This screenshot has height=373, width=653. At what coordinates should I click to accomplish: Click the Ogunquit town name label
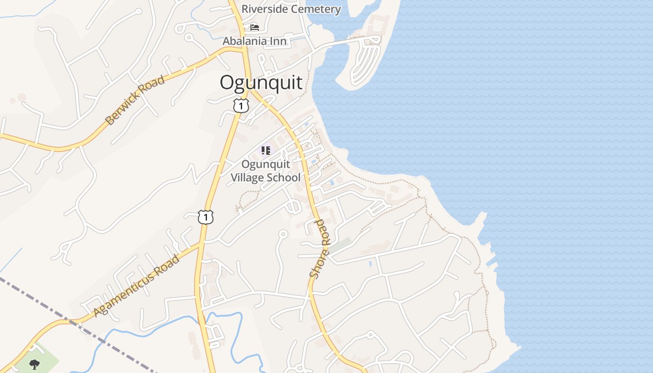pyautogui.click(x=261, y=83)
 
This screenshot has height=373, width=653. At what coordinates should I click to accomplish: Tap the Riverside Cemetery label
pyautogui.click(x=291, y=9)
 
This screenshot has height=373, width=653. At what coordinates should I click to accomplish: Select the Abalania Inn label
pyautogui.click(x=254, y=41)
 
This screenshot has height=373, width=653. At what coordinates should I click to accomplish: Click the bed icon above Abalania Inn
pyautogui.click(x=255, y=28)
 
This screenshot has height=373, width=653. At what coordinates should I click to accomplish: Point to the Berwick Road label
pyautogui.click(x=135, y=100)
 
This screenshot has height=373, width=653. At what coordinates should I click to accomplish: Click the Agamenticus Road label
pyautogui.click(x=137, y=286)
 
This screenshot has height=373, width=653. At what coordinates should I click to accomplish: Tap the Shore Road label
pyautogui.click(x=320, y=249)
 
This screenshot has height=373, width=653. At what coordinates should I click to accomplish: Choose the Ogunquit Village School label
pyautogui.click(x=266, y=171)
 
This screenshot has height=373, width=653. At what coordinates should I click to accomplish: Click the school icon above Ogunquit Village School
pyautogui.click(x=265, y=150)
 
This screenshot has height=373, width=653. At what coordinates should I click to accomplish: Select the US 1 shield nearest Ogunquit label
pyautogui.click(x=241, y=106)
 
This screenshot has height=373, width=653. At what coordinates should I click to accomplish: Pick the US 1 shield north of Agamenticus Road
pyautogui.click(x=205, y=217)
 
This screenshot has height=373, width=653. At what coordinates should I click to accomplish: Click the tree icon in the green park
pyautogui.click(x=34, y=364)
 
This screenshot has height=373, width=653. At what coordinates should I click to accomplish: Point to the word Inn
pyautogui.click(x=278, y=41)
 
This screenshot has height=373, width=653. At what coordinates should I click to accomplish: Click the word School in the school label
pyautogui.click(x=284, y=178)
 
